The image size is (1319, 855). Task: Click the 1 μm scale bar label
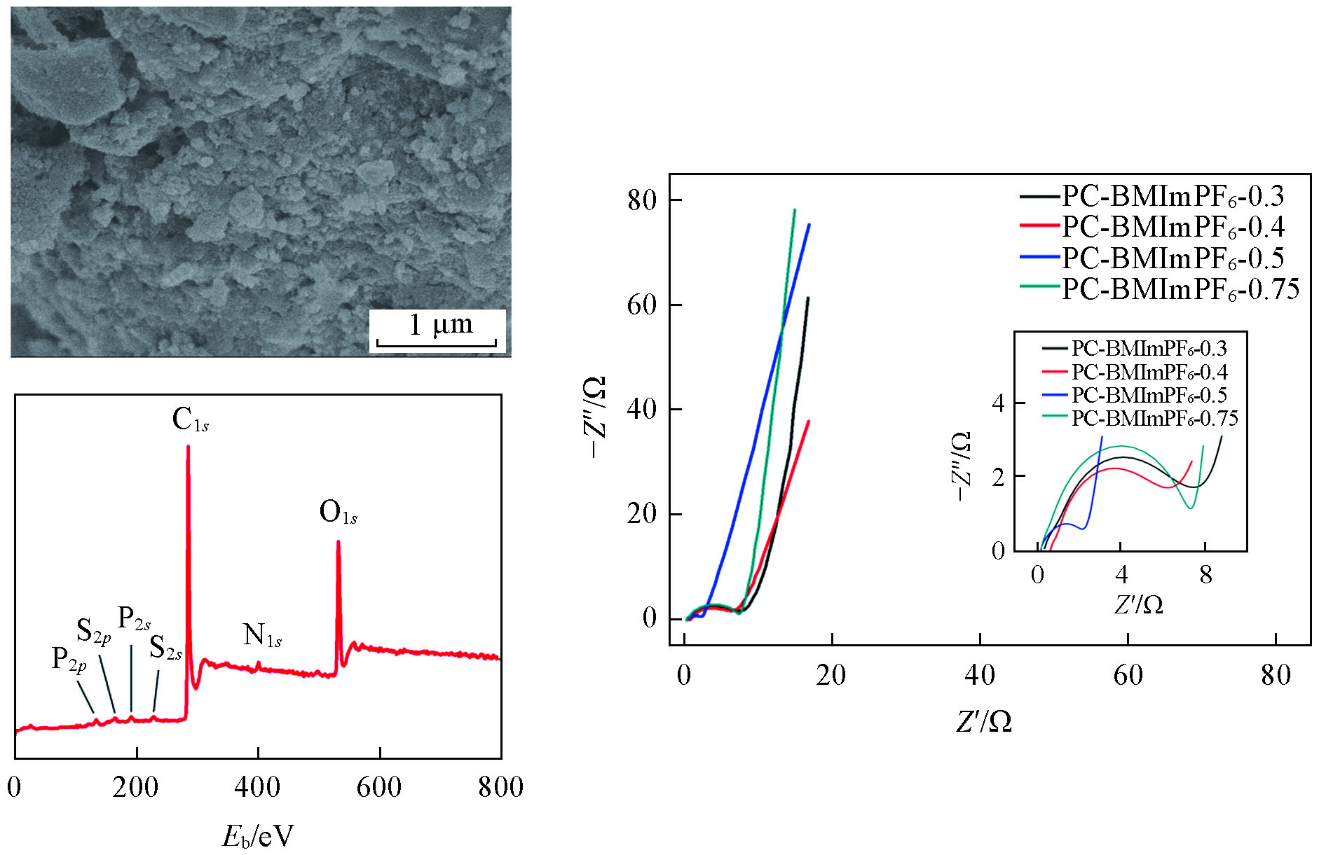pyautogui.click(x=441, y=324)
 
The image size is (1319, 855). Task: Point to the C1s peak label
pyautogui.click(x=190, y=419)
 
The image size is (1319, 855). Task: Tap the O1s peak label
pyautogui.click(x=338, y=513)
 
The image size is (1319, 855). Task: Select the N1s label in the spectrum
pyautogui.click(x=262, y=635)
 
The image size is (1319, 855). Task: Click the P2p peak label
pyautogui.click(x=69, y=660)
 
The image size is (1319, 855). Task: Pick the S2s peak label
pyautogui.click(x=165, y=648)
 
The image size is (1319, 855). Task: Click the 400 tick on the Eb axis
pyautogui.click(x=257, y=787)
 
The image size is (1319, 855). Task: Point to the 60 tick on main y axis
pyautogui.click(x=641, y=305)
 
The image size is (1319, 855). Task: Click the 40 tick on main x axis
pyautogui.click(x=979, y=675)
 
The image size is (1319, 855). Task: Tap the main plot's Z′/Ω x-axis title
pyautogui.click(x=983, y=721)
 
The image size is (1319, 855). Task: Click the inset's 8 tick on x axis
pyautogui.click(x=1205, y=575)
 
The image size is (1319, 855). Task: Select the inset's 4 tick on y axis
pyautogui.click(x=998, y=403)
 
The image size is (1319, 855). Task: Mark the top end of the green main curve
pyautogui.click(x=794, y=209)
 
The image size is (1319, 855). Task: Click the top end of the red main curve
pyautogui.click(x=809, y=421)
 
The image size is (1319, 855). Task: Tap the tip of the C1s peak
pyautogui.click(x=188, y=447)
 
